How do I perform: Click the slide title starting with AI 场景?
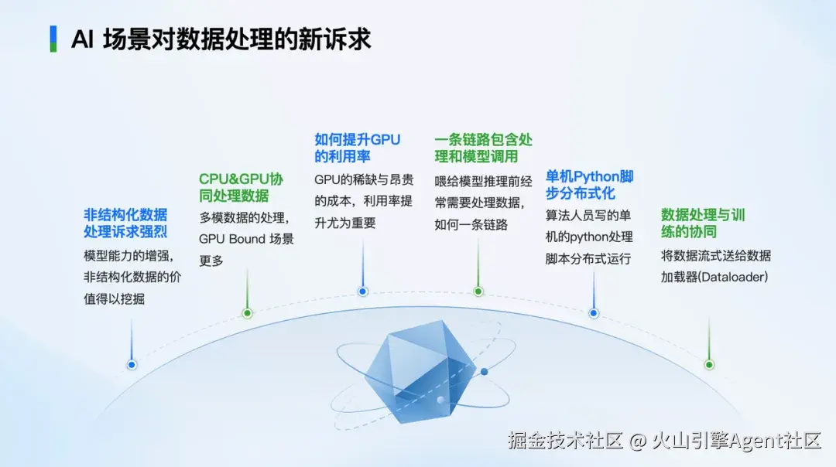(221, 39)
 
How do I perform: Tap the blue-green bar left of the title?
(53, 39)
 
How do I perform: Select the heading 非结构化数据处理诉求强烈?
(125, 223)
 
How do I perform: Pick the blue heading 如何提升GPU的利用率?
(357, 148)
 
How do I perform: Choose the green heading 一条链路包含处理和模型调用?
(483, 148)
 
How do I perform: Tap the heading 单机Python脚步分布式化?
(589, 184)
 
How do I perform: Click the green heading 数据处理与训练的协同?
(703, 223)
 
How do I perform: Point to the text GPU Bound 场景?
(246, 239)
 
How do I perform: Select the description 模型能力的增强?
(128, 256)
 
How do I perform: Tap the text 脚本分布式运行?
(588, 259)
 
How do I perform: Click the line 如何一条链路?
(471, 225)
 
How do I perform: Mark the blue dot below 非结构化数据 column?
(132, 364)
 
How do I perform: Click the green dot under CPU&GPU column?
(247, 313)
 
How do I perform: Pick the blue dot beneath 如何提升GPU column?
(362, 291)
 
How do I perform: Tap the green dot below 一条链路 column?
(478, 291)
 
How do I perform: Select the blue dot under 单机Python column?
(593, 313)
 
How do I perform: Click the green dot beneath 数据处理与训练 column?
(708, 364)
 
